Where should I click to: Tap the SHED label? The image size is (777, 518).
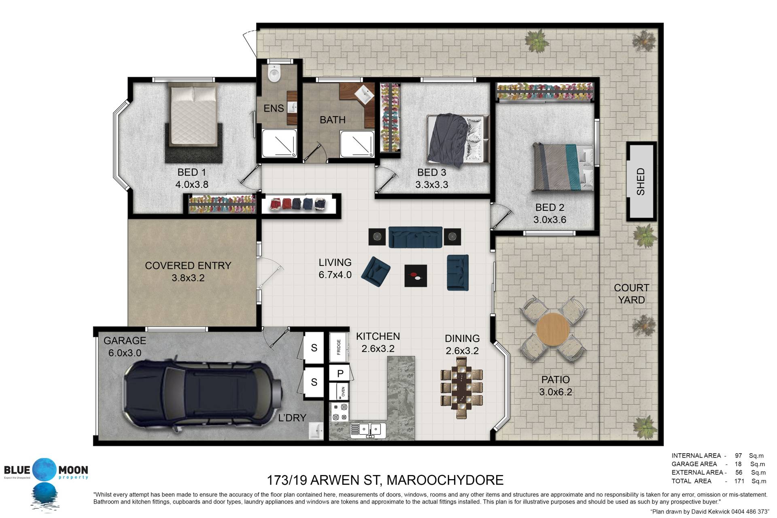(x=641, y=182)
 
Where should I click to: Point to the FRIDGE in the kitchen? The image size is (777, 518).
(x=339, y=347)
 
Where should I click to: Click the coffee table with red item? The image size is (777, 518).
(x=416, y=276)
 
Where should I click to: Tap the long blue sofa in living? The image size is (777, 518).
(x=415, y=237)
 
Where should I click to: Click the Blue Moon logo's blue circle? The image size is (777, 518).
(x=45, y=470)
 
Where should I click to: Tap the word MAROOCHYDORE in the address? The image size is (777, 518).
(x=445, y=480)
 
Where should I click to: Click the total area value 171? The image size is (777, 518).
(x=739, y=481)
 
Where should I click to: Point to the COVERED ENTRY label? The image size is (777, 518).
(x=188, y=265)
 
